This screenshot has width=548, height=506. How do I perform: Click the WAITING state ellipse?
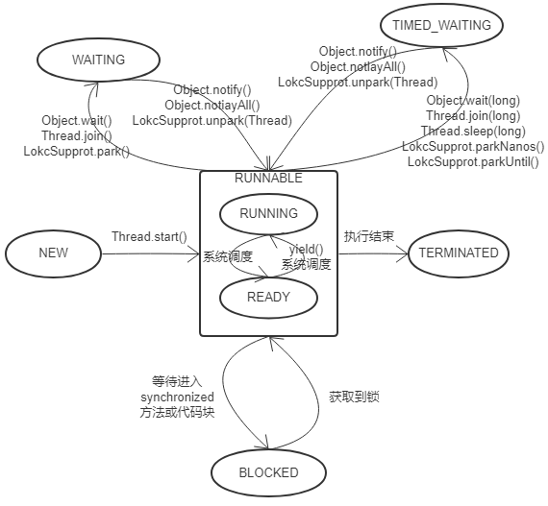point(98,60)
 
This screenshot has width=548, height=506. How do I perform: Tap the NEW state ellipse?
point(54,253)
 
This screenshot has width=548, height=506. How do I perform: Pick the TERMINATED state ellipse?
point(459,253)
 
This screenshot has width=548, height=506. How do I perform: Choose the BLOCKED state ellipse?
point(268,472)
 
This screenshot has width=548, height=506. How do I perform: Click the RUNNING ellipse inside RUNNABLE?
point(268,214)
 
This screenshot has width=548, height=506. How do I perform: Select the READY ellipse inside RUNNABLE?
point(268,297)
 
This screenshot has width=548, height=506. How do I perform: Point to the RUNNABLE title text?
point(268,178)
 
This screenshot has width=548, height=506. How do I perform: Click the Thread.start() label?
point(149,236)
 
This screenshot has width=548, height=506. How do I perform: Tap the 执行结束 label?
point(368,236)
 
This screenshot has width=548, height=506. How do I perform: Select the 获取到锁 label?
point(354,396)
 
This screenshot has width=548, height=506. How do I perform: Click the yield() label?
point(307,250)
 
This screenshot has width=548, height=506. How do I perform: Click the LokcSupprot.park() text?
point(76,151)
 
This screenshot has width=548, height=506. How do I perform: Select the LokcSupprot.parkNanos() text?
point(473,147)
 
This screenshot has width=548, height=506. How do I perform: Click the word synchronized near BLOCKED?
point(177,397)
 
